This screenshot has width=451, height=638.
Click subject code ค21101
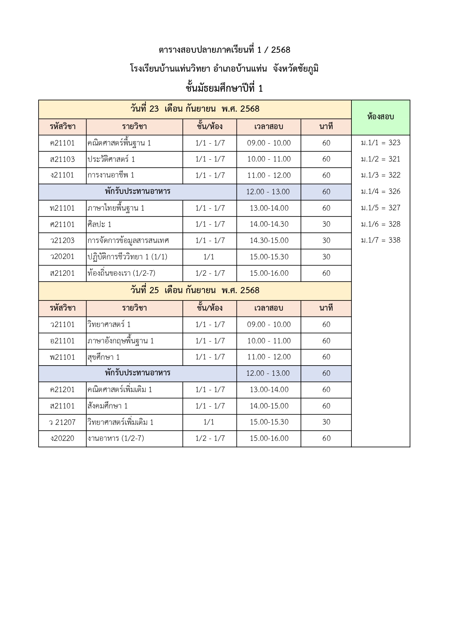[62, 143]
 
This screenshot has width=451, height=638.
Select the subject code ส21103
[62, 159]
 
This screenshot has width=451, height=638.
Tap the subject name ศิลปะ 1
[99, 224]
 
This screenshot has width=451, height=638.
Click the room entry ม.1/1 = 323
[380, 143]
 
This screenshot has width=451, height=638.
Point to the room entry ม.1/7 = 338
[380, 240]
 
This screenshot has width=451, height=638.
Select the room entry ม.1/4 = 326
[380, 191]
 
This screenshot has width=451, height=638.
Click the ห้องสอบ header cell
[380, 117]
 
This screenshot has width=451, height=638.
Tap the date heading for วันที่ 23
[195, 109]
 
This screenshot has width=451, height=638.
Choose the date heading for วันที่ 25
[195, 290]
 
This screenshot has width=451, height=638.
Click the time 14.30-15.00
[269, 240]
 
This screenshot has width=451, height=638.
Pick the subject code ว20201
[62, 257]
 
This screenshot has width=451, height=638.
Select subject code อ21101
[62, 341]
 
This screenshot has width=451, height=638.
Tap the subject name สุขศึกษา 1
[104, 357]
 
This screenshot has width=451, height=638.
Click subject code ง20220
[62, 438]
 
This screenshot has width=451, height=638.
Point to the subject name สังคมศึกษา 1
[108, 406]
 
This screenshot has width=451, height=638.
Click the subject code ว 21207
[62, 422]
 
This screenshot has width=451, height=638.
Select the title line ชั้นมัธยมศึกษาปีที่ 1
[224, 88]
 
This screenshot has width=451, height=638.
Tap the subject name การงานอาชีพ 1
[111, 175]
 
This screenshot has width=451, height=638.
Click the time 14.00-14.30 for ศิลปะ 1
[269, 224]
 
